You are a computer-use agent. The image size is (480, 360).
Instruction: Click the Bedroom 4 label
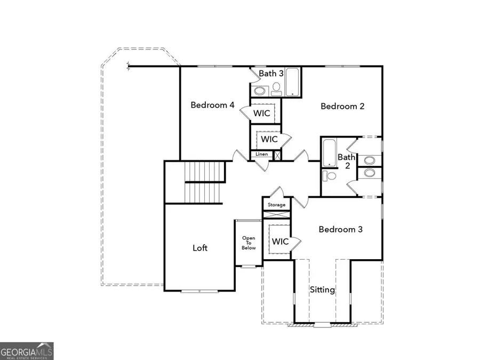(x=212, y=105)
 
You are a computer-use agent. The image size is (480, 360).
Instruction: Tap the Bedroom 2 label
(x=342, y=106)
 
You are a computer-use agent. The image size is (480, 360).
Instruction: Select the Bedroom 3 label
(x=340, y=229)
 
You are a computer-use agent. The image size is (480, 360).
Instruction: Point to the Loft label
(x=200, y=248)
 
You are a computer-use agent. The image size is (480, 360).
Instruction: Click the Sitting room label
(x=323, y=290)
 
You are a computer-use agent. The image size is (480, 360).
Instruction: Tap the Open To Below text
(x=249, y=243)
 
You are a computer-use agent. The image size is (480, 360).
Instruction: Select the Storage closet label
(x=276, y=205)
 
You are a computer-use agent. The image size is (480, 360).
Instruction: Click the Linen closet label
(x=261, y=155)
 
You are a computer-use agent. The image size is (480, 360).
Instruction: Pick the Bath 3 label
(x=271, y=74)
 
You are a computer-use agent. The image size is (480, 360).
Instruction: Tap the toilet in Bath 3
(x=276, y=89)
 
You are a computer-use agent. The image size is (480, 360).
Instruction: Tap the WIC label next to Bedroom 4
(x=261, y=113)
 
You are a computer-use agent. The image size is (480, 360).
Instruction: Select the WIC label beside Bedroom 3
(x=281, y=242)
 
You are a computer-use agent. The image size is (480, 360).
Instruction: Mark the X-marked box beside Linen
(x=277, y=155)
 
